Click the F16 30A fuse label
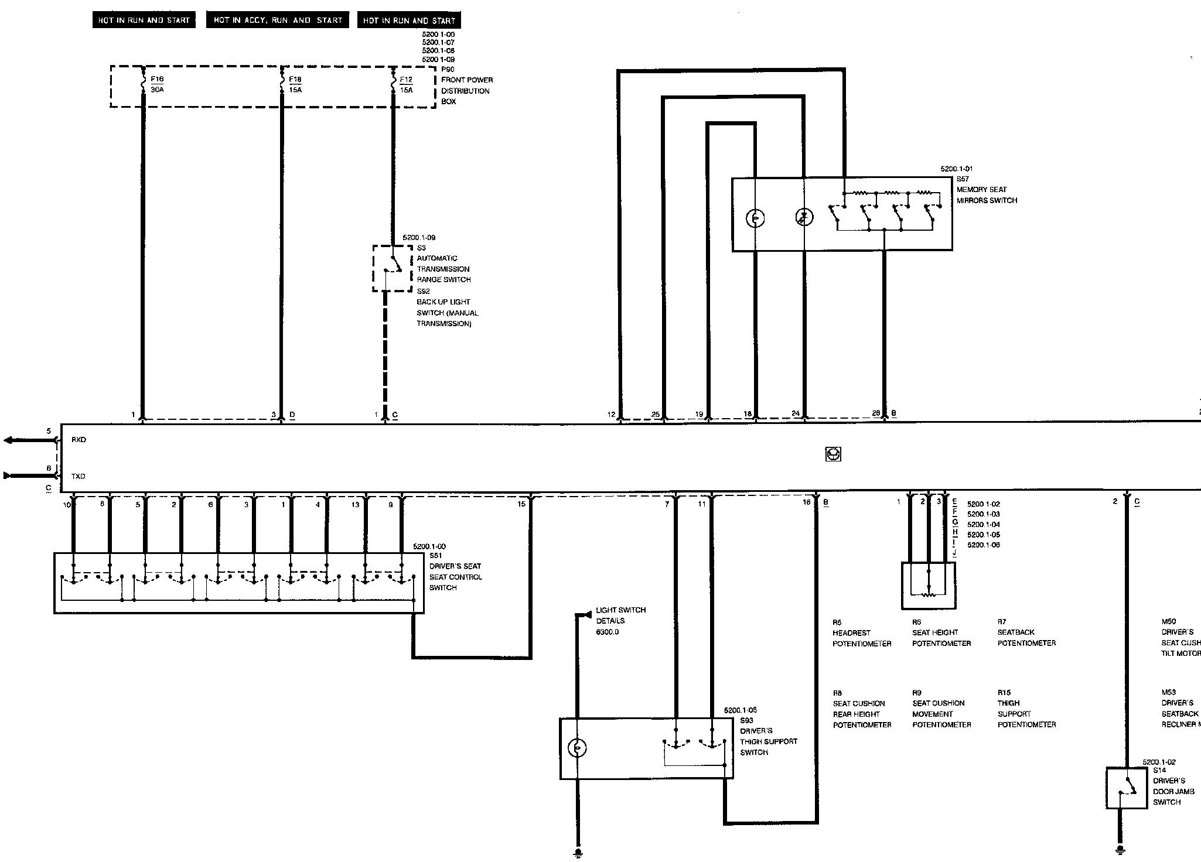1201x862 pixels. pos(157,84)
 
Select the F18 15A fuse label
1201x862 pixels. pos(295,84)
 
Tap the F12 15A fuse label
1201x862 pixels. pos(406,85)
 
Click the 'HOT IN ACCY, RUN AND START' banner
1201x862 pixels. pos(278,20)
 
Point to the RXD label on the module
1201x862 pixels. pos(79,440)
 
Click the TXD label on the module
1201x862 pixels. pos(79,477)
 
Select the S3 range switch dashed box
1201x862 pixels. pos(392,268)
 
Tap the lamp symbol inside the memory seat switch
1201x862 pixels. pos(755,218)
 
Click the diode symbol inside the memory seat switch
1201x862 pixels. pos(804,218)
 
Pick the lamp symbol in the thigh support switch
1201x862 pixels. pos(577,748)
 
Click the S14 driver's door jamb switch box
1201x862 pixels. pos(1126,788)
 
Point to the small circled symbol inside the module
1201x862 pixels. pos(833,454)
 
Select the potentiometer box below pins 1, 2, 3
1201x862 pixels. pos(928,586)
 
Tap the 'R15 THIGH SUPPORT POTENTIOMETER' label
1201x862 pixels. pos(1026,709)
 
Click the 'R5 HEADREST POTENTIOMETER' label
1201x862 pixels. pos(862,633)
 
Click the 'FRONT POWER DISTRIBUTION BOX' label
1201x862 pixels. pos(467,91)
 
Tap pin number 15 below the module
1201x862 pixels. pos(521,504)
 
